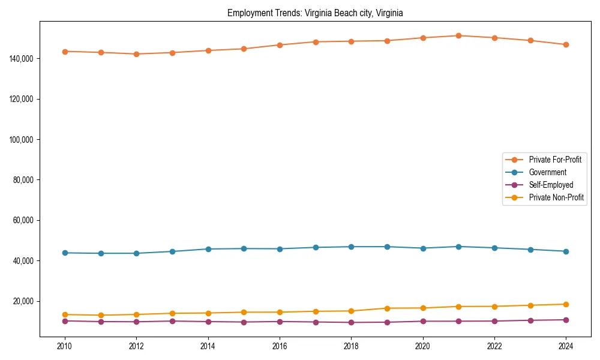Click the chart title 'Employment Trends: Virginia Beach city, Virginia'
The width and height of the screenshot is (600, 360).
click(x=315, y=13)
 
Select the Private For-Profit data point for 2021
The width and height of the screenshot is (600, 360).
click(x=458, y=35)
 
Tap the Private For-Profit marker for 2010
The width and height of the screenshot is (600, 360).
click(x=65, y=52)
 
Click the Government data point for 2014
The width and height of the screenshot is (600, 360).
click(x=208, y=249)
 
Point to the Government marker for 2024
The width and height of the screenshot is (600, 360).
click(x=566, y=251)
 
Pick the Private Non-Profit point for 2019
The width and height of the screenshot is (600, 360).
click(x=387, y=308)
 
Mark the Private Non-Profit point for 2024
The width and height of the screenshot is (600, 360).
click(x=566, y=304)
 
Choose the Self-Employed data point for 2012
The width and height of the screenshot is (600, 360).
click(x=136, y=322)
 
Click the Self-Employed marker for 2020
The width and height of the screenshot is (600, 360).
click(x=423, y=321)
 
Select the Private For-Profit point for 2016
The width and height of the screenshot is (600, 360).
click(x=280, y=45)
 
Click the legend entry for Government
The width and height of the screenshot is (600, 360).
click(x=547, y=172)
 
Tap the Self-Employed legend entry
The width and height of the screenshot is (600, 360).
click(x=551, y=185)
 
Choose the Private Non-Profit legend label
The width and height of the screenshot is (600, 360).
click(x=556, y=197)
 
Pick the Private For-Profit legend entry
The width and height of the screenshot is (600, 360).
click(x=555, y=160)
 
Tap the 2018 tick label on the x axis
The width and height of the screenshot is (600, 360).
click(x=351, y=346)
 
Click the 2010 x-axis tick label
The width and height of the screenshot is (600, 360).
click(x=65, y=346)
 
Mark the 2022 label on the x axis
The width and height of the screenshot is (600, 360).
click(x=494, y=346)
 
